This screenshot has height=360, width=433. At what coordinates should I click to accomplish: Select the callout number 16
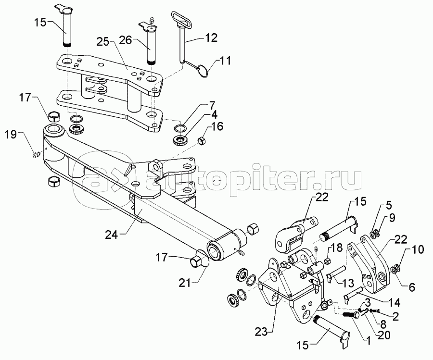click(217, 127)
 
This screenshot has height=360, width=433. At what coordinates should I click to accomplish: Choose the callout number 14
click(380, 302)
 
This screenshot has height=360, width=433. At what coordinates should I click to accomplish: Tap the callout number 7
click(212, 104)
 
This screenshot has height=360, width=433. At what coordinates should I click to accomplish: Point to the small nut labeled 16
click(202, 140)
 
